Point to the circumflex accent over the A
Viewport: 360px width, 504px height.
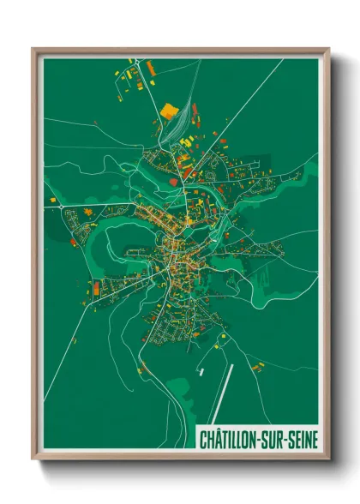[218, 431]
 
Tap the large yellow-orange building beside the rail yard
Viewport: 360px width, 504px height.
[167, 110]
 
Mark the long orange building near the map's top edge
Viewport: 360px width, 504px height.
[151, 66]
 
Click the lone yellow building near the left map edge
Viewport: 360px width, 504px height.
[51, 200]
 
